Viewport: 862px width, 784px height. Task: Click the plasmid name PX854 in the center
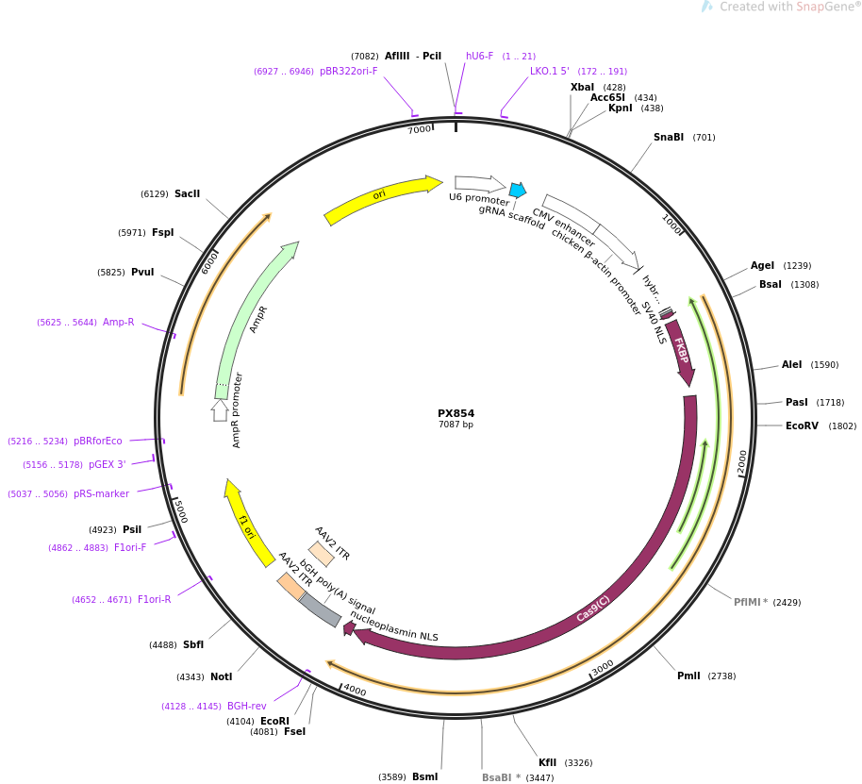point(456,413)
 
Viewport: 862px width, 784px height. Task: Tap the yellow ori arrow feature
point(382,198)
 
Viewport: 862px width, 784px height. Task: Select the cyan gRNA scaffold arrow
point(517,190)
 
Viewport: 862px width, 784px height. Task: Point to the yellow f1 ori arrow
point(247,525)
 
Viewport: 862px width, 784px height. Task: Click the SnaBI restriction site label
point(669,138)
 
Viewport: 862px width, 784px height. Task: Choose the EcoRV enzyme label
point(802,426)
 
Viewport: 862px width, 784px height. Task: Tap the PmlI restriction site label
point(688,676)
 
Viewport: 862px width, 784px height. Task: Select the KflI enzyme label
point(548,763)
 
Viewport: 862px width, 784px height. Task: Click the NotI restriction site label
point(221,677)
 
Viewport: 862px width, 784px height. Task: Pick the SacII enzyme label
point(187,194)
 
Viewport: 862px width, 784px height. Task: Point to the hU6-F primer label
point(479,57)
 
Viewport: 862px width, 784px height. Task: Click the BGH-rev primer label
point(246,706)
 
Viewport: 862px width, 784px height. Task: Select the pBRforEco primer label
point(97,441)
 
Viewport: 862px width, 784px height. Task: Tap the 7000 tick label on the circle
point(419,130)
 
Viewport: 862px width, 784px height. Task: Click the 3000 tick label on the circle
point(603,668)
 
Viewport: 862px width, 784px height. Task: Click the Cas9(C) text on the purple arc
point(593,609)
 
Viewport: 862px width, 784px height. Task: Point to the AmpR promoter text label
point(237,410)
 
